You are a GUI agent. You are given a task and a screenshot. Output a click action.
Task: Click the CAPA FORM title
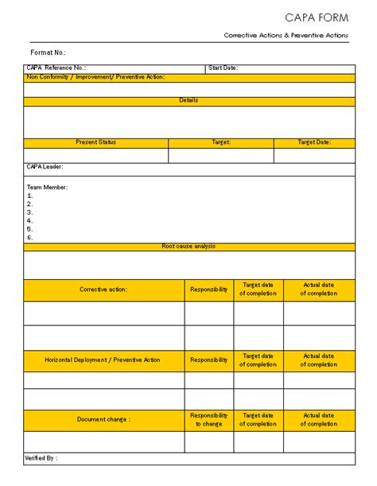[317, 17]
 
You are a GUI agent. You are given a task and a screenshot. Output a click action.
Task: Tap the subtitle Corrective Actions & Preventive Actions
[286, 36]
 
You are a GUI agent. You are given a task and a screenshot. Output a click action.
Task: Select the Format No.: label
[48, 52]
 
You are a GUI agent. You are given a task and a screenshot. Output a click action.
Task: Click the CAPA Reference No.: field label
[56, 68]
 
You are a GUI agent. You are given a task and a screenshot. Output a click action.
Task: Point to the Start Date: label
[223, 68]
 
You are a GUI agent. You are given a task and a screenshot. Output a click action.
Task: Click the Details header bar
[188, 101]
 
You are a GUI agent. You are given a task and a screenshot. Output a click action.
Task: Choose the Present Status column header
[95, 142]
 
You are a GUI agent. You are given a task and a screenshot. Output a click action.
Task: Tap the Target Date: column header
[314, 142]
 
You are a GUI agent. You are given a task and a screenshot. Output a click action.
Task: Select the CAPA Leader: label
[45, 167]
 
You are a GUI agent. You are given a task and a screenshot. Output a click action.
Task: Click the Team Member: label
[48, 187]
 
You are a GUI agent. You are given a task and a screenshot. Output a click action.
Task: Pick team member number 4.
[30, 220]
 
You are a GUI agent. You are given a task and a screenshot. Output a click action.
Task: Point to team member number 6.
[30, 237]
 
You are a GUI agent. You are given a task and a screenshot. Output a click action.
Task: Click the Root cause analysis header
[188, 247]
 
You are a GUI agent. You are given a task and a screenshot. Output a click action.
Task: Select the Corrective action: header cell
[103, 290]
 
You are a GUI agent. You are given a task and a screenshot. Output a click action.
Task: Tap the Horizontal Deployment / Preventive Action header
[103, 360]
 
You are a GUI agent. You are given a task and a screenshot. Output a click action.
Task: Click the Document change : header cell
[103, 419]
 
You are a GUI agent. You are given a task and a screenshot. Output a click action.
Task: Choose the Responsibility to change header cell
[209, 419]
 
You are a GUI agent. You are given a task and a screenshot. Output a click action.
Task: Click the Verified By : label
[41, 458]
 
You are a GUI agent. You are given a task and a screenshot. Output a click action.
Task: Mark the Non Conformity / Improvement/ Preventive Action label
[95, 77]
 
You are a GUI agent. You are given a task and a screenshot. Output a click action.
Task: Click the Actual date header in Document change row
[318, 419]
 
